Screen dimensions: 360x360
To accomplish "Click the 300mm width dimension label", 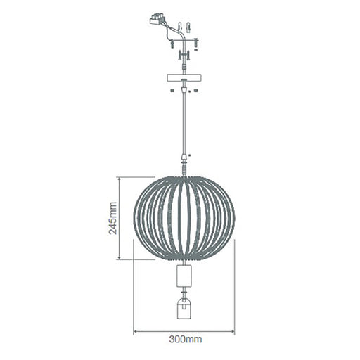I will (x=184, y=340).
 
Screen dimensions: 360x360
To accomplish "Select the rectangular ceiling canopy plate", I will (x=184, y=77).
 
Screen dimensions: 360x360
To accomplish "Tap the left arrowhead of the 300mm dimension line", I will (x=136, y=331).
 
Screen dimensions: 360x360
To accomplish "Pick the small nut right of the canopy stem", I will (x=196, y=90).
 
